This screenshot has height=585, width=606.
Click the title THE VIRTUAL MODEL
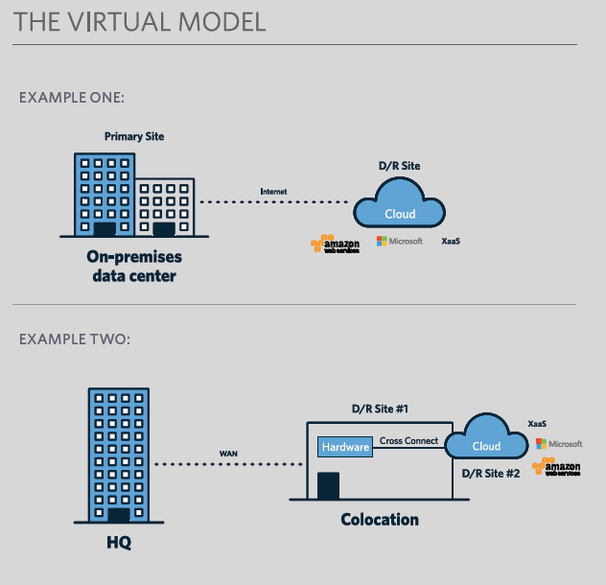pyautogui.click(x=140, y=22)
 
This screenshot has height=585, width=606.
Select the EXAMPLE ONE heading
pyautogui.click(x=72, y=98)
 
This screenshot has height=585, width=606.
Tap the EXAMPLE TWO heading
pyautogui.click(x=74, y=339)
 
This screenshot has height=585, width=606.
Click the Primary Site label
pyautogui.click(x=134, y=136)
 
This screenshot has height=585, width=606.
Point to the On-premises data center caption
pyautogui.click(x=134, y=267)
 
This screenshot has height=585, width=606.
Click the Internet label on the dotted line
pyautogui.click(x=273, y=192)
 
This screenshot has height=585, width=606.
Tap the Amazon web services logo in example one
pyautogui.click(x=335, y=245)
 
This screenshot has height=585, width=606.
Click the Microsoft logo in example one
pyautogui.click(x=400, y=241)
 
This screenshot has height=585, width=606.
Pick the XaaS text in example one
pyautogui.click(x=451, y=241)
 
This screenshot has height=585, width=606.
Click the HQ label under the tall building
pyautogui.click(x=119, y=544)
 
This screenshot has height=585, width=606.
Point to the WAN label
pyautogui.click(x=229, y=453)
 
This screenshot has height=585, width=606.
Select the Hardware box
pyautogui.click(x=345, y=447)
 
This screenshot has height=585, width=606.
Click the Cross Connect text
pyautogui.click(x=409, y=441)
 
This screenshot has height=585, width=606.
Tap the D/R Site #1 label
pyautogui.click(x=381, y=409)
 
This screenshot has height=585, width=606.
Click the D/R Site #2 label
pyautogui.click(x=491, y=473)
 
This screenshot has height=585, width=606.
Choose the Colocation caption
pyautogui.click(x=381, y=520)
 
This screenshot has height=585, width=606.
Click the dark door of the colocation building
pyautogui.click(x=329, y=485)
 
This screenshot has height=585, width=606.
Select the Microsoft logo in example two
pyautogui.click(x=559, y=444)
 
